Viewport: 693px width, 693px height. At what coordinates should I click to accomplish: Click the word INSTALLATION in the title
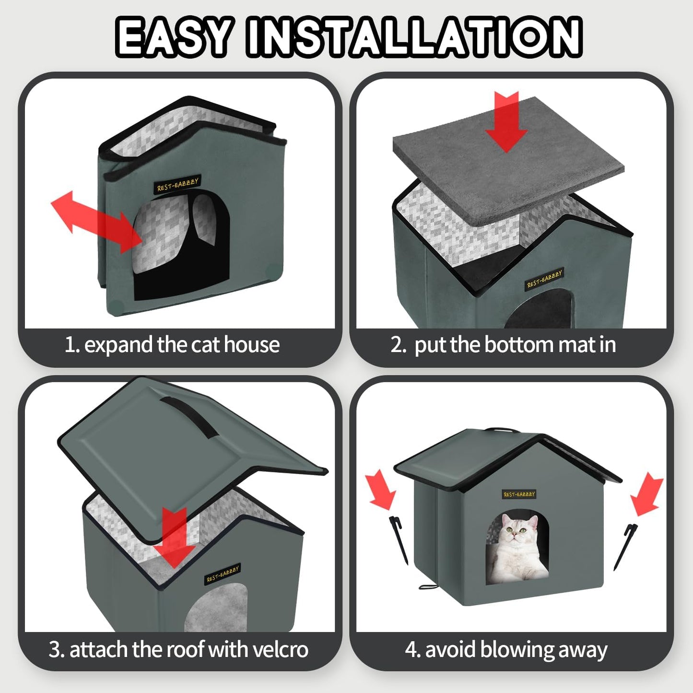(x=413, y=36)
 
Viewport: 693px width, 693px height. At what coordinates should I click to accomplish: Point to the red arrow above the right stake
(x=647, y=494)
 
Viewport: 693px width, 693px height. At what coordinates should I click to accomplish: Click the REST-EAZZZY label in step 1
(x=177, y=184)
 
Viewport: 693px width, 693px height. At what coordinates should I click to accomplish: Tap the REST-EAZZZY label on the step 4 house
(x=519, y=494)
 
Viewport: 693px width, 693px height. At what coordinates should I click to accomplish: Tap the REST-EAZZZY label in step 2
(x=544, y=279)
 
